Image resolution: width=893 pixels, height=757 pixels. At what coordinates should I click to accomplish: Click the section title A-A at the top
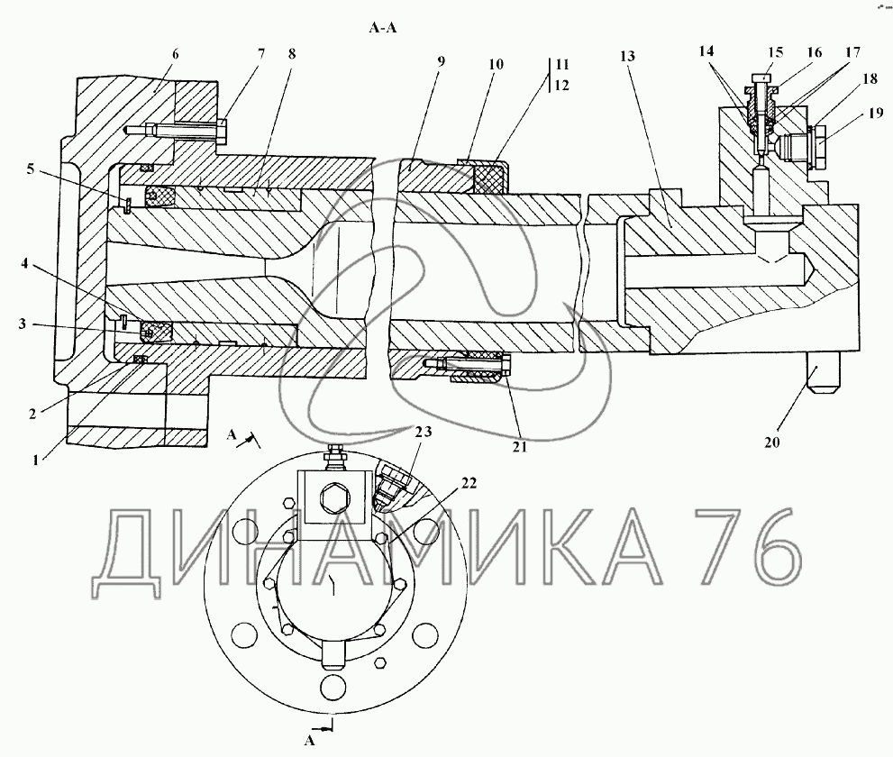383,28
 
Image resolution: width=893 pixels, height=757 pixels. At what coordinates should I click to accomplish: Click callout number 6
175,54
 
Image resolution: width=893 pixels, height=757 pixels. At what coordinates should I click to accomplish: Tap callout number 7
260,54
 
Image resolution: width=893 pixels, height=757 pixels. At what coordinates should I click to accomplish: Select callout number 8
292,54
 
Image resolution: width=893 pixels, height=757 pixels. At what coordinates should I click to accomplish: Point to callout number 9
442,61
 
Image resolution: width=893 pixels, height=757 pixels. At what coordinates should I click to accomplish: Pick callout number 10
496,64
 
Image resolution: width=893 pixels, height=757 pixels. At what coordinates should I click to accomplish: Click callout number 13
627,56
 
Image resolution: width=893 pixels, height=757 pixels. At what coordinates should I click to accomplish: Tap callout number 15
776,52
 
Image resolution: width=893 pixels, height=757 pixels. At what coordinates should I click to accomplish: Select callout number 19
877,114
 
